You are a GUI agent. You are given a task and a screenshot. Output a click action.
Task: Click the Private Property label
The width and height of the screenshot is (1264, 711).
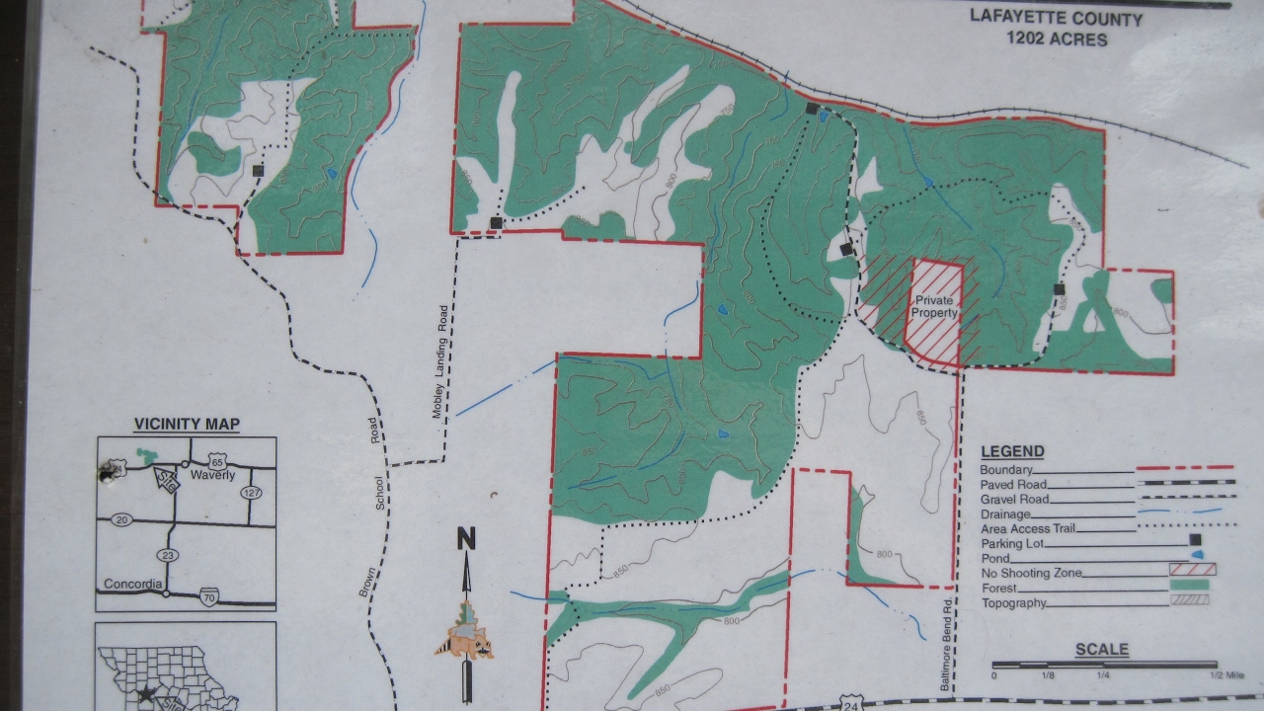934,306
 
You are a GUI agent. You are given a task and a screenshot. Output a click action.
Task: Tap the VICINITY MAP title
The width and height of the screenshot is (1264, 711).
187,425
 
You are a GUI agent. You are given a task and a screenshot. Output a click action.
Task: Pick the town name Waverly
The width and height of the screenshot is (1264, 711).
212,475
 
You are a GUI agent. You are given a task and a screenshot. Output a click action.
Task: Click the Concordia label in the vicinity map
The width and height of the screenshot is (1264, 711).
132,583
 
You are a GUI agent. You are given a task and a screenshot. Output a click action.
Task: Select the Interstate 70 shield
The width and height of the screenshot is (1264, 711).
207,596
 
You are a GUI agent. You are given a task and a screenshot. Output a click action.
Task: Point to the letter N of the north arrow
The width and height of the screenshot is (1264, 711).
466,539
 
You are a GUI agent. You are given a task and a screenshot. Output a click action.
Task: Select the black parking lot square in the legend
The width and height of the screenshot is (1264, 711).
1194,540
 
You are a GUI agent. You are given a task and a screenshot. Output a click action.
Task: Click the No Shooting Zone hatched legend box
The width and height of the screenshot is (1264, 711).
1192,569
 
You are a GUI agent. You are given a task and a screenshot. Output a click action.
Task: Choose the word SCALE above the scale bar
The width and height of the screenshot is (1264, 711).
1101,650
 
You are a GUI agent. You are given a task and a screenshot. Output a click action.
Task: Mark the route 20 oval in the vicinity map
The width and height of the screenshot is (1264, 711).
121,519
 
